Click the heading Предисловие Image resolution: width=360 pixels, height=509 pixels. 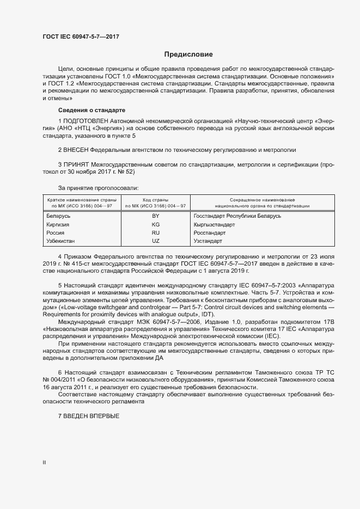188,54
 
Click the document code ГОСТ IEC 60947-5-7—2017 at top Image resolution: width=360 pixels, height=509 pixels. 81,37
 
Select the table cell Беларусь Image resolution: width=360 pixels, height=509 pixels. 59,216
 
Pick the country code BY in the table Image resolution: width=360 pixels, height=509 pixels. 155,216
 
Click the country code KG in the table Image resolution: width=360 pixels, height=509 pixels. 155,224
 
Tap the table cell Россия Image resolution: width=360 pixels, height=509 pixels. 56,232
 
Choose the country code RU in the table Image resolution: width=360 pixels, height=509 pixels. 155,232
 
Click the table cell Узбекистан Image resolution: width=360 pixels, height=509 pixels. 61,241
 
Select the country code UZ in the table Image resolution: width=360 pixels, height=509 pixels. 155,241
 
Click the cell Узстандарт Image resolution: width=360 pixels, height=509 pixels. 208,241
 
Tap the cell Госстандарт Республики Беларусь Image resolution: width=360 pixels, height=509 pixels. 237,216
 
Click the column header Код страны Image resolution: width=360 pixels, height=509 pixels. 155,200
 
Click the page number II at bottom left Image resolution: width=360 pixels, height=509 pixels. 44,463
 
